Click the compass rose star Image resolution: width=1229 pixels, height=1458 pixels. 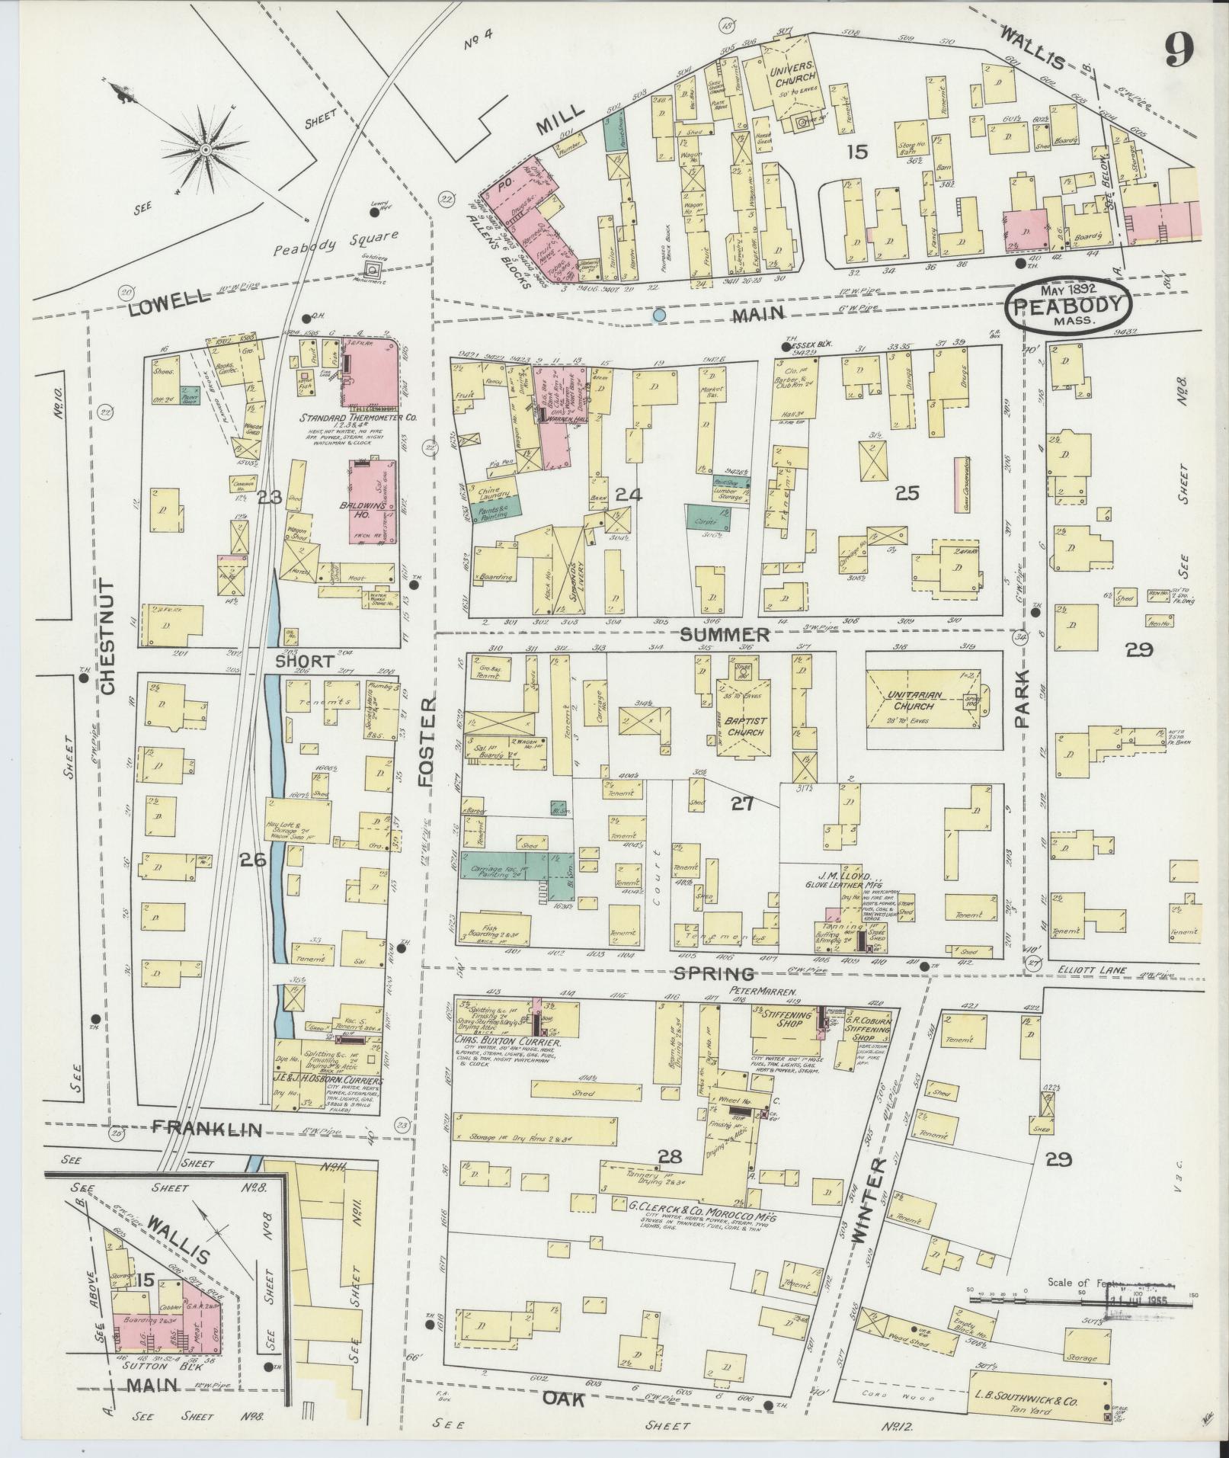click(204, 148)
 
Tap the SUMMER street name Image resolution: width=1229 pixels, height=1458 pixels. click(725, 634)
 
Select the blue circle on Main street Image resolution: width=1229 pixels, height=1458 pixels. click(660, 314)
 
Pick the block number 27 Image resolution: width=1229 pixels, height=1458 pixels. click(741, 803)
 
